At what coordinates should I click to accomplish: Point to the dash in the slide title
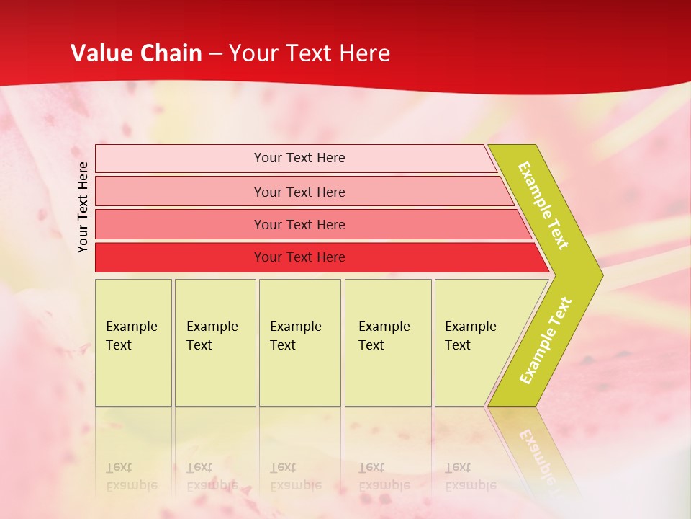[215, 54]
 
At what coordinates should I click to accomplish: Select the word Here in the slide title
[363, 53]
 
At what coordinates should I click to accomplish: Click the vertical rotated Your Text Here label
[83, 207]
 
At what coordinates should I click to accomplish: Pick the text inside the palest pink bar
[299, 158]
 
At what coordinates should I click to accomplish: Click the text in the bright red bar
[299, 257]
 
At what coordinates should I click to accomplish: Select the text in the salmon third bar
[299, 225]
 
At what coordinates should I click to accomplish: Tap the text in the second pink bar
[299, 192]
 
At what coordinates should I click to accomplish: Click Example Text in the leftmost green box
[131, 336]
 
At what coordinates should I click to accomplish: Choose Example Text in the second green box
[212, 336]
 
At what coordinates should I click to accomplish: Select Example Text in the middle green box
[295, 336]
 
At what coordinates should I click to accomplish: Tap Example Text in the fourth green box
[384, 336]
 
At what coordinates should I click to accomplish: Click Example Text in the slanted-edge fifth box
[470, 336]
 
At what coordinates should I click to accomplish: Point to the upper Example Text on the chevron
[543, 205]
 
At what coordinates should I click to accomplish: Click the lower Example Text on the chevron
[546, 341]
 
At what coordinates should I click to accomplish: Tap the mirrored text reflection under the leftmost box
[131, 476]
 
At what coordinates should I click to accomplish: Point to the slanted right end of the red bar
[541, 258]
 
